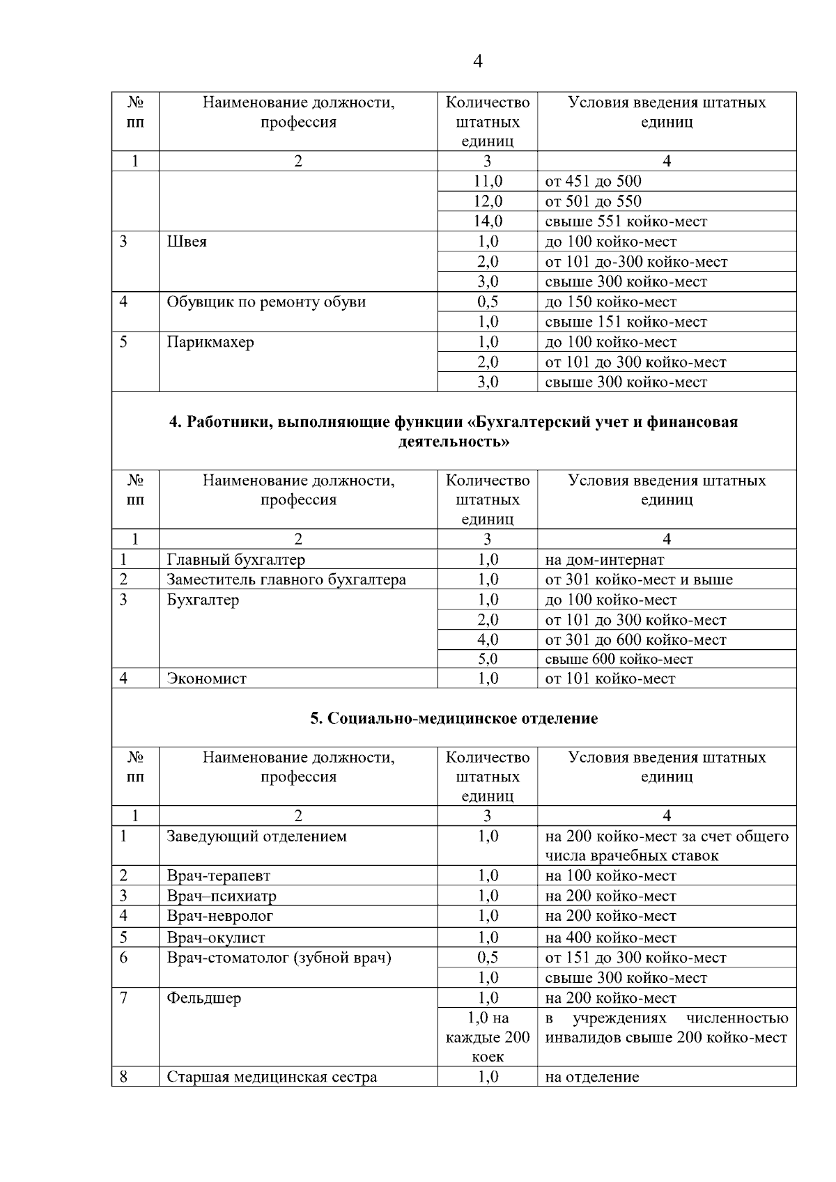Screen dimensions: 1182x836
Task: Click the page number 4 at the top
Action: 477,62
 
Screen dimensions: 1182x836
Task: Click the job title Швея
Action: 187,242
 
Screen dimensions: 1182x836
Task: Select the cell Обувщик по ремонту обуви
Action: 266,302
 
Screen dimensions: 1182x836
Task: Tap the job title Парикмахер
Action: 210,343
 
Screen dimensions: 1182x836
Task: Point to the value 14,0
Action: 488,221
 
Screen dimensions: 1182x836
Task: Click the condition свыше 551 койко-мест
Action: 626,221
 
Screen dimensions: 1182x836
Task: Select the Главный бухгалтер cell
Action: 235,560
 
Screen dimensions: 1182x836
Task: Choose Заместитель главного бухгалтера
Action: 286,580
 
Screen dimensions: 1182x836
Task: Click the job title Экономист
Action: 206,679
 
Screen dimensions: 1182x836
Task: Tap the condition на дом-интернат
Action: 604,560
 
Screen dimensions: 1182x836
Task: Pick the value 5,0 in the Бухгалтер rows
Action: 488,659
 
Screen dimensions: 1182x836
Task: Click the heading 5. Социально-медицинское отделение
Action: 454,719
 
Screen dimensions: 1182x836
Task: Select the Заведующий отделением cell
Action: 256,837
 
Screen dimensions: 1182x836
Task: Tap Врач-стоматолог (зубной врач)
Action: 279,958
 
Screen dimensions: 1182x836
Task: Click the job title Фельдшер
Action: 203,999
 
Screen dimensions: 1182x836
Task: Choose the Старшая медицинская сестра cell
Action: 272,1078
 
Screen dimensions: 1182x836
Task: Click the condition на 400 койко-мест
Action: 610,938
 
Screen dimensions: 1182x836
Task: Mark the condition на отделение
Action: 591,1078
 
